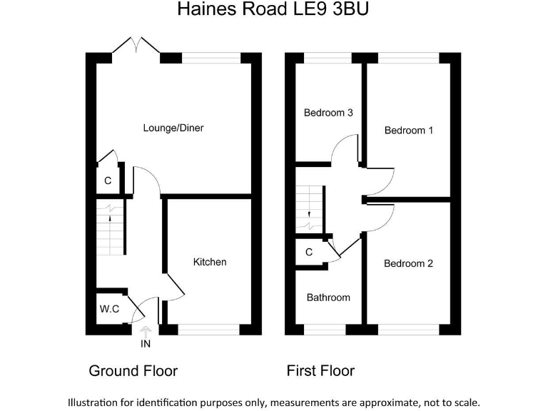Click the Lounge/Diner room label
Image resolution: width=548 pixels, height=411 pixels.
point(173,128)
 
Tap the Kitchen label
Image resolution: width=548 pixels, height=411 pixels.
point(210,262)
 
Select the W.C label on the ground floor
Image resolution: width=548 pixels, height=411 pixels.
point(108,310)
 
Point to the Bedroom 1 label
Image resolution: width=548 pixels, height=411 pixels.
point(408,131)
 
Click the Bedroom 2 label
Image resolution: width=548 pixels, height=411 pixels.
point(408,263)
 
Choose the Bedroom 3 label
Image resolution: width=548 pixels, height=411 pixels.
point(328,113)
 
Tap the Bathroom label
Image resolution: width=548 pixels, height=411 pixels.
point(328,297)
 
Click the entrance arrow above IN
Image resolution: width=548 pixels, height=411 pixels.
point(146,330)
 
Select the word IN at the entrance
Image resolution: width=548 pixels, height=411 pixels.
point(146,345)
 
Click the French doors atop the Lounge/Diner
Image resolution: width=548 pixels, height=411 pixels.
point(136,46)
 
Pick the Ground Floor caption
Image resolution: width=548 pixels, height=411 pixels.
point(133,371)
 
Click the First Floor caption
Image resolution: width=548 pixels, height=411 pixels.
point(320,371)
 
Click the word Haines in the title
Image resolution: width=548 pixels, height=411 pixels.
point(202,10)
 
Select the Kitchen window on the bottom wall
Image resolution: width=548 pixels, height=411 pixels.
point(208,329)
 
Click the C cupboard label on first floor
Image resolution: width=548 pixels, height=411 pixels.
point(309,252)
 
